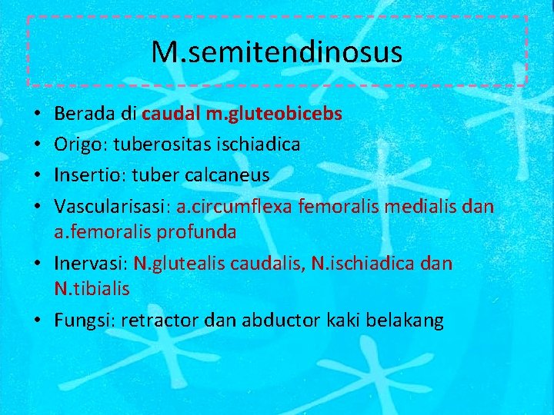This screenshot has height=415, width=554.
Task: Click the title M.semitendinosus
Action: click(x=276, y=52)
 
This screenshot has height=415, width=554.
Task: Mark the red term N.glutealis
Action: click(x=173, y=264)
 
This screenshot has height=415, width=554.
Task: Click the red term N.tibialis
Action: click(x=92, y=289)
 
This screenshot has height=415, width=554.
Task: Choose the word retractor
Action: click(x=160, y=320)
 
